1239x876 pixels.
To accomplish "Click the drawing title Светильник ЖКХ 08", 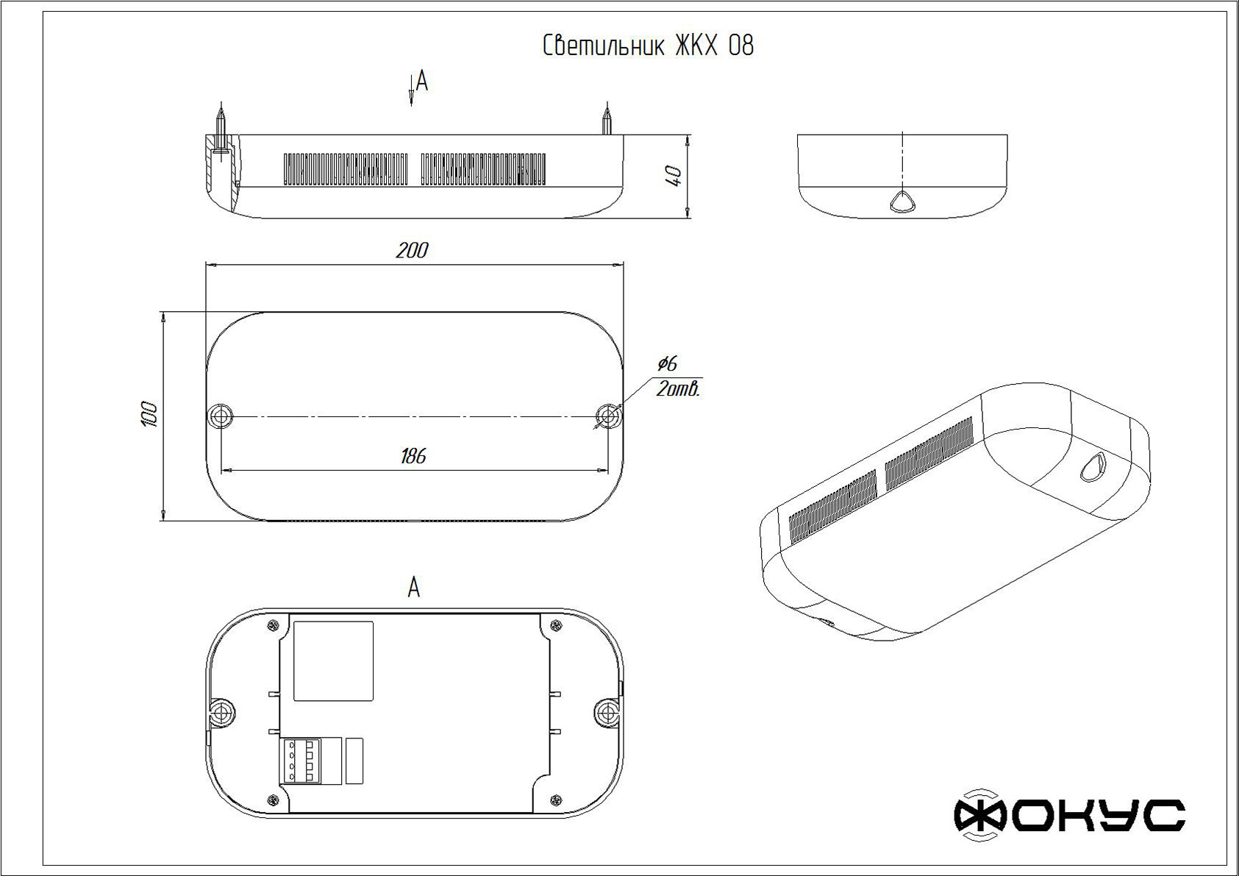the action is [648, 46].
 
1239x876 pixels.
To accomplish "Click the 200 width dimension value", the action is [412, 251].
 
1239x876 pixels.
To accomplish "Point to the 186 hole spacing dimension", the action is [413, 457].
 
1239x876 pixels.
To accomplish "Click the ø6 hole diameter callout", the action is [667, 363].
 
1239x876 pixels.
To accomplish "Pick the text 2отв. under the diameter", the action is [678, 390].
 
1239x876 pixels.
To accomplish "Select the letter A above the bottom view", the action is [414, 587].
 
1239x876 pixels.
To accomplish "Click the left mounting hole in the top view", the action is [221, 416].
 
